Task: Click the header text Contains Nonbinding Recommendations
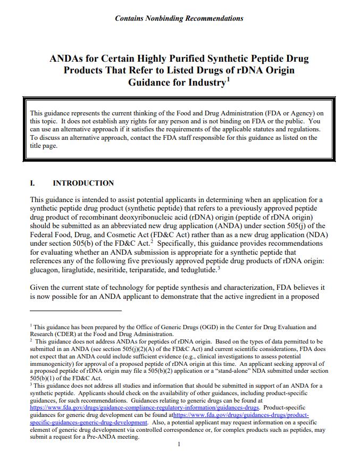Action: (179, 18)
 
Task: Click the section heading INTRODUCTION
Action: (83, 183)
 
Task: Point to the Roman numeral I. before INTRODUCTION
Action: (32, 183)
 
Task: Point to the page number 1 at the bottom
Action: (179, 445)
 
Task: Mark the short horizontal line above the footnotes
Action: (76, 310)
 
